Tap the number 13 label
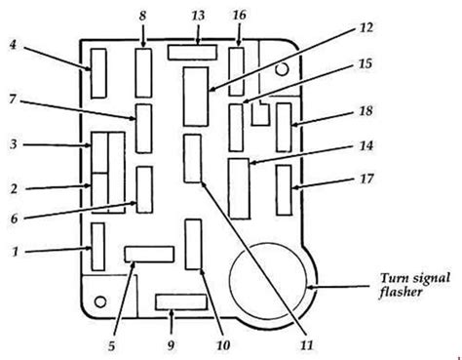click(x=199, y=15)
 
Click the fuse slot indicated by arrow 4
click(x=98, y=72)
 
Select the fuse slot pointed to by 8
click(x=143, y=71)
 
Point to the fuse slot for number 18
click(x=285, y=126)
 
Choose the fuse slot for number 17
click(x=285, y=188)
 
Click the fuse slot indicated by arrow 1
click(x=97, y=246)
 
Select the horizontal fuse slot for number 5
click(x=147, y=255)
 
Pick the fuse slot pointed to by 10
click(x=193, y=244)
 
